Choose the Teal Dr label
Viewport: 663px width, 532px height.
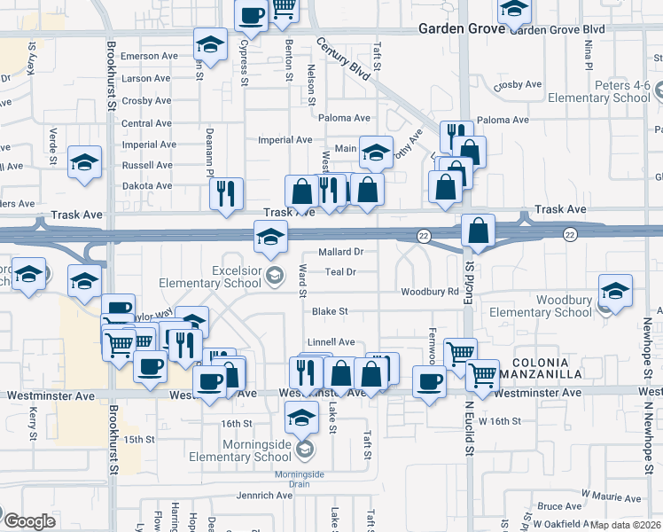point(340,272)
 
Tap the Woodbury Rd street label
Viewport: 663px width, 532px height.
point(429,292)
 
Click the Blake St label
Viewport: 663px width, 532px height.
point(330,311)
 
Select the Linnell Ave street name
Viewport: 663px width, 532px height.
point(331,341)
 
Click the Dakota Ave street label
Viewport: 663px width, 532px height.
point(147,185)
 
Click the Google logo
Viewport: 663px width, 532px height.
point(29,521)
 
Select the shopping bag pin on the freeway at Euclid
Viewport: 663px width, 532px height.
point(478,230)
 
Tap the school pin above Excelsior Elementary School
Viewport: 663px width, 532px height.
point(270,236)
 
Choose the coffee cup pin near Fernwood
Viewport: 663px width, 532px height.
point(429,382)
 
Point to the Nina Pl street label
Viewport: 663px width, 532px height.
point(588,54)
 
